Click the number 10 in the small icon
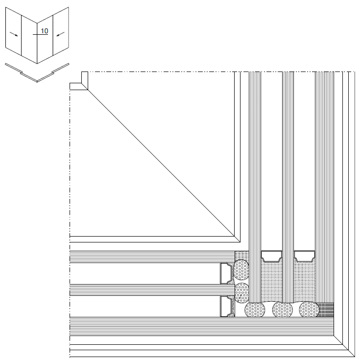(45, 31)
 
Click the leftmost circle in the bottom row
(255, 309)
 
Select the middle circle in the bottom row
(283, 309)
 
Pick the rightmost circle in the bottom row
(309, 309)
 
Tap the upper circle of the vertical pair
(242, 270)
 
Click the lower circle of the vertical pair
(242, 292)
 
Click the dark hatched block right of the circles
(326, 310)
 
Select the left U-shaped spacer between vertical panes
(272, 256)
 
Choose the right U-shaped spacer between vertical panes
(305, 256)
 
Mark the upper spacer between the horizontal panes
(227, 273)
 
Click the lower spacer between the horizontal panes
(227, 306)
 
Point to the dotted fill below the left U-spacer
(272, 282)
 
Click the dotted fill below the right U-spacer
(305, 282)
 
